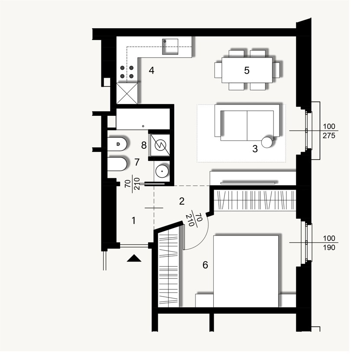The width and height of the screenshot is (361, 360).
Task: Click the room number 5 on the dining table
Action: point(247,70)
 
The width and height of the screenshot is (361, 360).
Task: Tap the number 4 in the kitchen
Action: point(151,70)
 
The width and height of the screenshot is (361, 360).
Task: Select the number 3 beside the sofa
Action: point(255,149)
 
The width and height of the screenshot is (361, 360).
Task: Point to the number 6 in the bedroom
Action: point(205,265)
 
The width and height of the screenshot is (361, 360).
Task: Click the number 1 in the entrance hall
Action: point(134,221)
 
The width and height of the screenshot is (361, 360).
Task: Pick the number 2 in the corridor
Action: point(182,201)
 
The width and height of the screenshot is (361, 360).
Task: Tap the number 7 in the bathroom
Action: point(137,162)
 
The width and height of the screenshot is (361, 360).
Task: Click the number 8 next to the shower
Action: point(143,145)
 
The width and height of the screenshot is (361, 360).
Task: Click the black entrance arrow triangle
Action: point(135,259)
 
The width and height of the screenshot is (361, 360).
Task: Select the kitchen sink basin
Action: point(170,46)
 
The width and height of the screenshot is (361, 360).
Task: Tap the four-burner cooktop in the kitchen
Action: point(127,72)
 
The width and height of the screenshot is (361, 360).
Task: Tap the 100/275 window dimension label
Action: point(329,131)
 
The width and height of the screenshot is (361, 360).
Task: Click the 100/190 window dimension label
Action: point(329,242)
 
